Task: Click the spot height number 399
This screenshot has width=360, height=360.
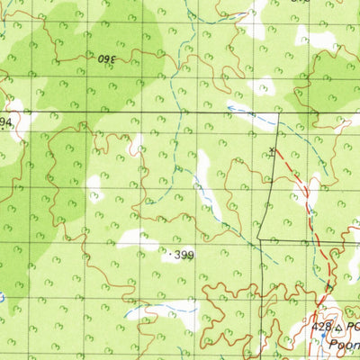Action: pyautogui.click(x=184, y=256)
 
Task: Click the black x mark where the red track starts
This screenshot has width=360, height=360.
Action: pyautogui.click(x=272, y=149)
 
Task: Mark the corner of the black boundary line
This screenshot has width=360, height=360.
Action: pyautogui.click(x=258, y=239)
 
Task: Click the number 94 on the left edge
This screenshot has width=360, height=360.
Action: pyautogui.click(x=5, y=121)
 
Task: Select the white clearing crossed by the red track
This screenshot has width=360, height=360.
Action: pyautogui.click(x=311, y=190)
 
